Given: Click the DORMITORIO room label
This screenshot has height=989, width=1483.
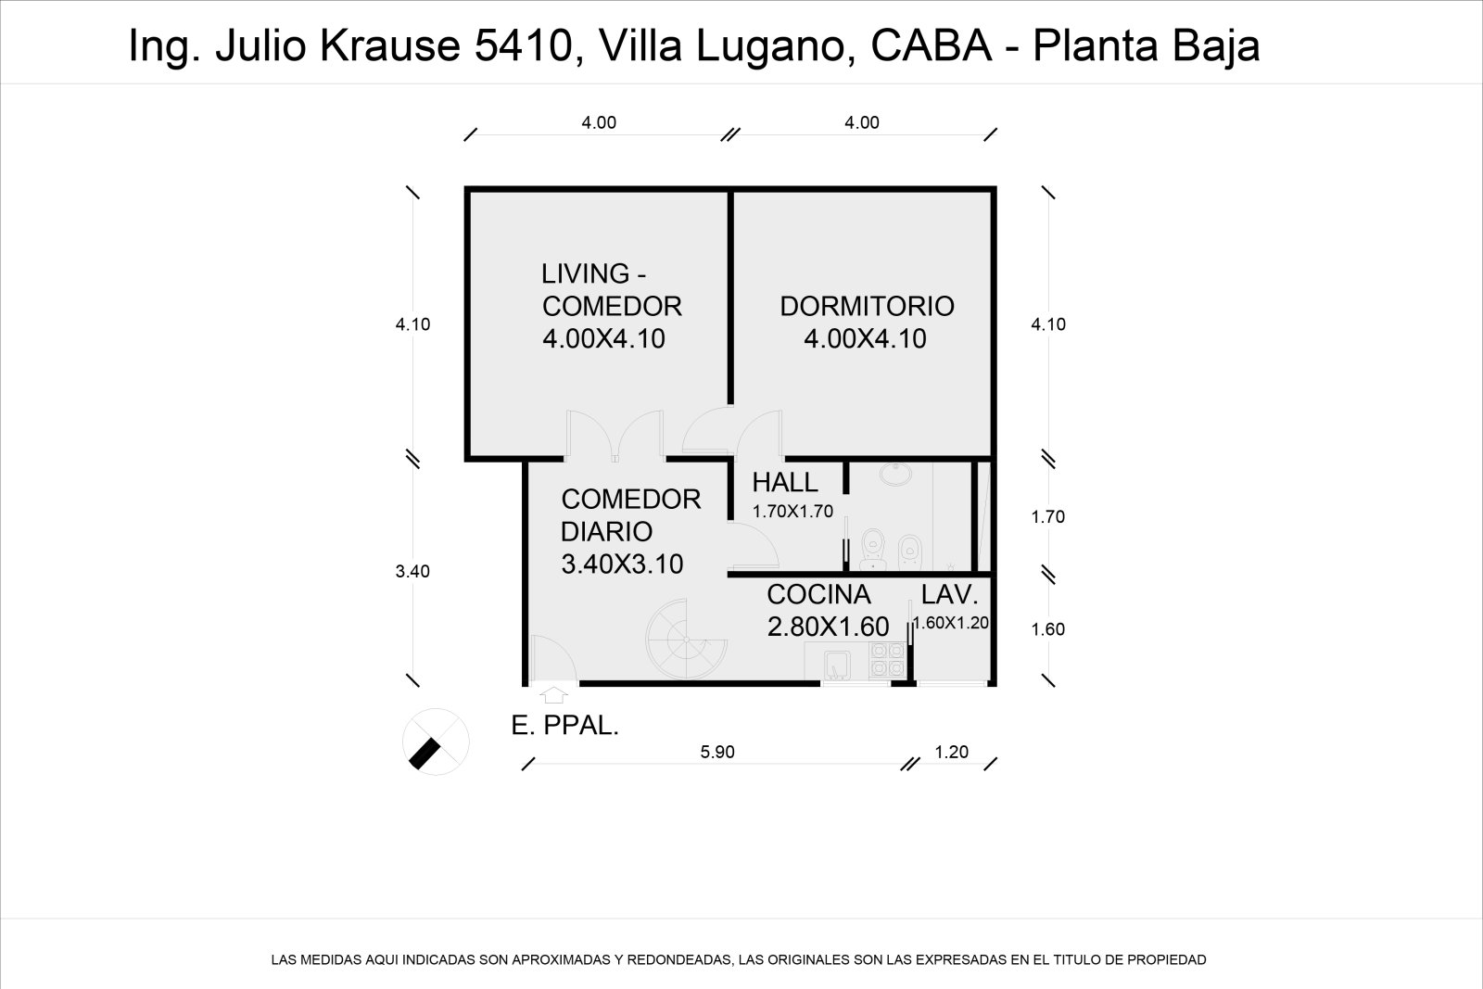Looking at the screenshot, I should pos(867,306).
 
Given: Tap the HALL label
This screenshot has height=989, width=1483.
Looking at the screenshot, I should pos(784,482).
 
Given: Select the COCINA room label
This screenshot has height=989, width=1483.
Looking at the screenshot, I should pos(818,594).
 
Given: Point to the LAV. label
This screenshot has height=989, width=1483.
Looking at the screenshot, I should pos(949,595).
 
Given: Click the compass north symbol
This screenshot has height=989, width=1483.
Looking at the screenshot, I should pos(436,741).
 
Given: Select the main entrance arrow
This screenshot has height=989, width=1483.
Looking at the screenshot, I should pos(553,694).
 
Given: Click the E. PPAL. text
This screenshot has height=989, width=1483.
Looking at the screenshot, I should pos(564,726).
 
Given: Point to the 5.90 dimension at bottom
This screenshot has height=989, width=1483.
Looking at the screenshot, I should pos(717,752).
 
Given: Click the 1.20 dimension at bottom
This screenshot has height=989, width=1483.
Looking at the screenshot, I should pos(951,752).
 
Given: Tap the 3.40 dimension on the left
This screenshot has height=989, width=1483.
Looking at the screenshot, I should pos(412,572).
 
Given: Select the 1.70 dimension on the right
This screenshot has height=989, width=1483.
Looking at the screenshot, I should pos(1048,517).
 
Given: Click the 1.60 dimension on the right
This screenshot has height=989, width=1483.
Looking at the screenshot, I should pos(1048,629).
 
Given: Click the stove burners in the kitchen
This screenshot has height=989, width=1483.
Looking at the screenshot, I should pos(887,659).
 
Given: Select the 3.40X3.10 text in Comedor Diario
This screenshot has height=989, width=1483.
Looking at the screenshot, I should pos(622,564).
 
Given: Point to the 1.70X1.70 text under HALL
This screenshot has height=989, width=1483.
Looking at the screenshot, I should pos(792,511).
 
